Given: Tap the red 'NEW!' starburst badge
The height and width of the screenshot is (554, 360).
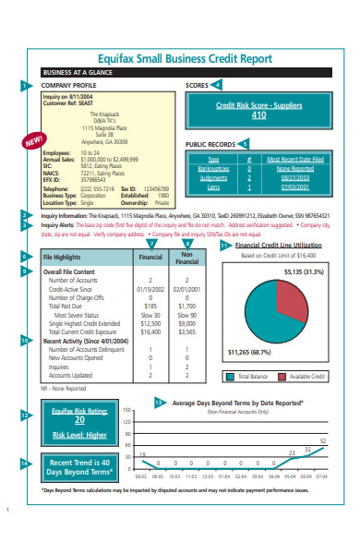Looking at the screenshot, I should (x=34, y=142).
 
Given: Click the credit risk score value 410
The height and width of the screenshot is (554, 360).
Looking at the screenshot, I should (x=258, y=115).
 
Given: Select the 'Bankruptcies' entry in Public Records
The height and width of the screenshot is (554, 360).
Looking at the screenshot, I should (x=213, y=168).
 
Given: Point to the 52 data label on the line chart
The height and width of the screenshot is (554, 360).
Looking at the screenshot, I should (x=323, y=441).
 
